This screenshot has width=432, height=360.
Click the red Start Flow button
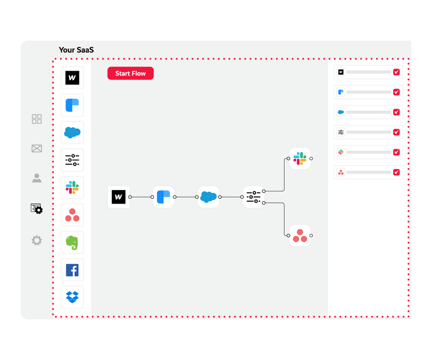130,73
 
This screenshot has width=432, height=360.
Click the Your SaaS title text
76,50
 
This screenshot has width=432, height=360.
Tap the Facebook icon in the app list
72,270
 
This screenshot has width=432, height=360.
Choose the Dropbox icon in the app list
72,297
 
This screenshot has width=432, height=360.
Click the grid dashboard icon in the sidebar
37,119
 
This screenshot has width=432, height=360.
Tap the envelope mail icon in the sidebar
37,148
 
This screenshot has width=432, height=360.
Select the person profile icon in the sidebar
37,178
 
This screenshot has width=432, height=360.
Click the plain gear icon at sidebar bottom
37,240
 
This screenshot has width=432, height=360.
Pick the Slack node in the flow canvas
300,159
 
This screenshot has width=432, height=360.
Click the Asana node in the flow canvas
300,235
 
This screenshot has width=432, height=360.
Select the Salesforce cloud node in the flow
208,197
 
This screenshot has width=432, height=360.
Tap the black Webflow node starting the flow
118,197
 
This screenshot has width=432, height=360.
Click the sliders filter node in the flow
253,197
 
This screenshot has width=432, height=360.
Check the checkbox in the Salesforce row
396,112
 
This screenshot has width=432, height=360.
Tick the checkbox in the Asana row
396,172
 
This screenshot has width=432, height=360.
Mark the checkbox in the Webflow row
396,72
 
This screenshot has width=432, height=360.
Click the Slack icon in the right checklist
341,152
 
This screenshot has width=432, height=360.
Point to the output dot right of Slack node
311,159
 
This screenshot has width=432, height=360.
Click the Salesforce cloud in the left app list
72,132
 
